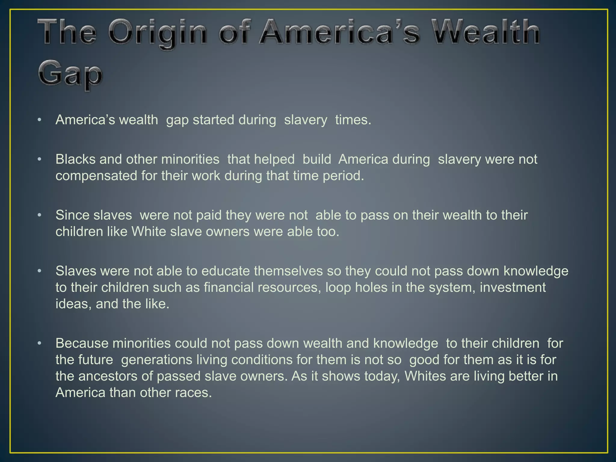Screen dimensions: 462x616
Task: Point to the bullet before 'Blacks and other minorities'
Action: pos(39,159)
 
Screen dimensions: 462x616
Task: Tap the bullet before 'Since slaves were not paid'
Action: pos(39,215)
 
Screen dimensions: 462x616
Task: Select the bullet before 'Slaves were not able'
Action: pos(39,271)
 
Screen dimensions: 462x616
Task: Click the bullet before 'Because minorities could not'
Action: pos(39,343)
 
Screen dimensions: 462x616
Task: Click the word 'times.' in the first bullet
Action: pos(353,120)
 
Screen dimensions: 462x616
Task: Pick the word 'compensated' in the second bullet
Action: pos(96,176)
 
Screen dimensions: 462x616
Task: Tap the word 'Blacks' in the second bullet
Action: pos(75,159)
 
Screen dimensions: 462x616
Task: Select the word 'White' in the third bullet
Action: pos(149,232)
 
